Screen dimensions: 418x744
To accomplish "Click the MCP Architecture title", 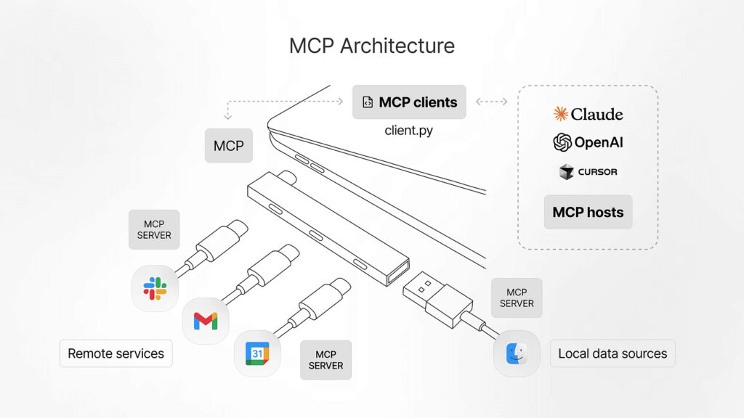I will click(371, 46).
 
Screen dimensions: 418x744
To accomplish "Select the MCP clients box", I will click(409, 102).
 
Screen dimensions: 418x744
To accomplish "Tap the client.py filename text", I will click(409, 131).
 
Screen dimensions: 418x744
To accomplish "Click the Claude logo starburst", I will click(560, 113).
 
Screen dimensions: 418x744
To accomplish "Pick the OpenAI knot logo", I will click(562, 142).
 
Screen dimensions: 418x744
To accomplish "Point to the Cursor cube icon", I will click(567, 172).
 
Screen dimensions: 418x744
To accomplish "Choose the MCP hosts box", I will click(588, 212).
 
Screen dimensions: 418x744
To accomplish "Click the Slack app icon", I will click(155, 288).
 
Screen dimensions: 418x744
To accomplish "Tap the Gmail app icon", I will click(205, 320).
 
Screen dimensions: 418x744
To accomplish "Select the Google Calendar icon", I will click(257, 353).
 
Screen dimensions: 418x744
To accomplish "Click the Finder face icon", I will click(517, 353).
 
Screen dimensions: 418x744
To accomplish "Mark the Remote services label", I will click(116, 353).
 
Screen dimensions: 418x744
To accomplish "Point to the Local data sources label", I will click(612, 353).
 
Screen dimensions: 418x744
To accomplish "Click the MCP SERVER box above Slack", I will click(154, 229).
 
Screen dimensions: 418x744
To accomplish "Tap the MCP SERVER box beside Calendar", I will click(325, 360).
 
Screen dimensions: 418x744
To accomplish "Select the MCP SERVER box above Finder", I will click(517, 298).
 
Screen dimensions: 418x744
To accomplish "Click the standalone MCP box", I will click(228, 146).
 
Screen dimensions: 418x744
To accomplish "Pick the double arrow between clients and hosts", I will click(491, 102).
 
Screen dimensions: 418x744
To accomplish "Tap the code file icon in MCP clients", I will click(368, 102).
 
